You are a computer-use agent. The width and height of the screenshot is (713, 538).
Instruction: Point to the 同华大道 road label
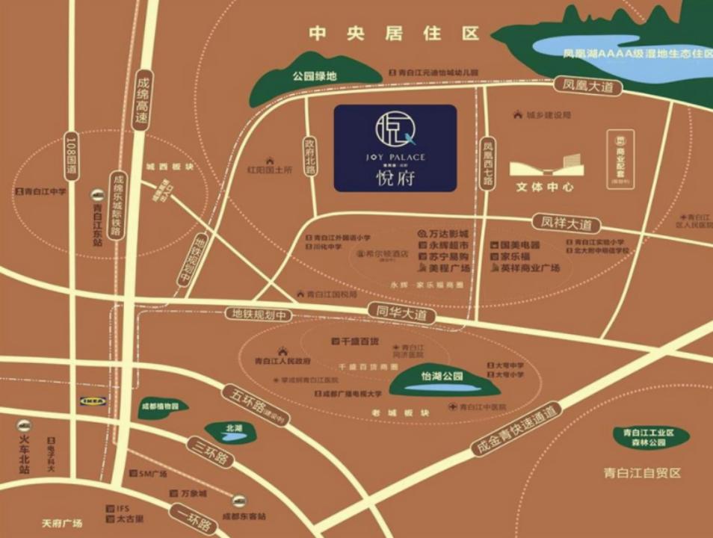pyautogui.click(x=402, y=315)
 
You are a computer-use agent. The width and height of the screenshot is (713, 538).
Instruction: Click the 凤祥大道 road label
pyautogui.click(x=566, y=223)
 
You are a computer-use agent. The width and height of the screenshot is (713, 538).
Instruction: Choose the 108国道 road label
pyautogui.click(x=72, y=155)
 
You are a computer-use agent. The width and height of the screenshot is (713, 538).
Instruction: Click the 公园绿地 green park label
pyautogui.click(x=315, y=75)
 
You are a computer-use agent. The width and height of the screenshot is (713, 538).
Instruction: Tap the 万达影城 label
pyautogui.click(x=448, y=233)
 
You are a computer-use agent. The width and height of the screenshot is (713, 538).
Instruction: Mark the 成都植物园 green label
pyautogui.click(x=161, y=407)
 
